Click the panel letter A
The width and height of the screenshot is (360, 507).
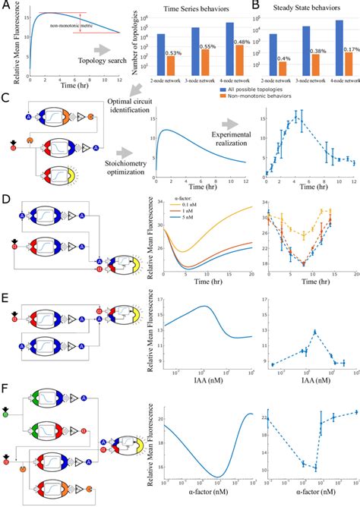click(x=6, y=6)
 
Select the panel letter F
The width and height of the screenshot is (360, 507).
click(x=6, y=391)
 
